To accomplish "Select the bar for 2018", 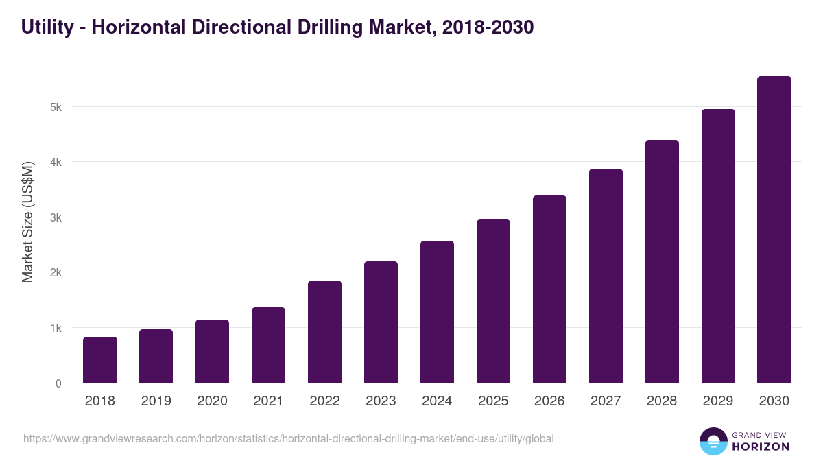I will point(100,360).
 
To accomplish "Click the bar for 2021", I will point(268,345).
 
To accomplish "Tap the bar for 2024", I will point(437,312).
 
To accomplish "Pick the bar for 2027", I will point(606,276).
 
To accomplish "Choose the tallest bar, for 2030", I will point(774,230).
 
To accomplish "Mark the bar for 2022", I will point(324,332).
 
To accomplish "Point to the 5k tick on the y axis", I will point(56,107).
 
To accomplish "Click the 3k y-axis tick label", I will point(56,217).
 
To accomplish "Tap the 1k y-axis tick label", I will point(56,328).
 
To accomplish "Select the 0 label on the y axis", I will point(58,383).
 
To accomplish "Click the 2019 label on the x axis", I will point(156,401).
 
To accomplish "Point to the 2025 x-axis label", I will point(493,401).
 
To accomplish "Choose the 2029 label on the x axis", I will point(718,401).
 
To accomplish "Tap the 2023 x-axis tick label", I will point(381,401).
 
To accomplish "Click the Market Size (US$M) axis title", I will point(27,222).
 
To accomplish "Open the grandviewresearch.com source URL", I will point(288,438).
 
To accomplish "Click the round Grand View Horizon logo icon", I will point(713,442).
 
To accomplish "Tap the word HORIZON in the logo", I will point(760,447).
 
